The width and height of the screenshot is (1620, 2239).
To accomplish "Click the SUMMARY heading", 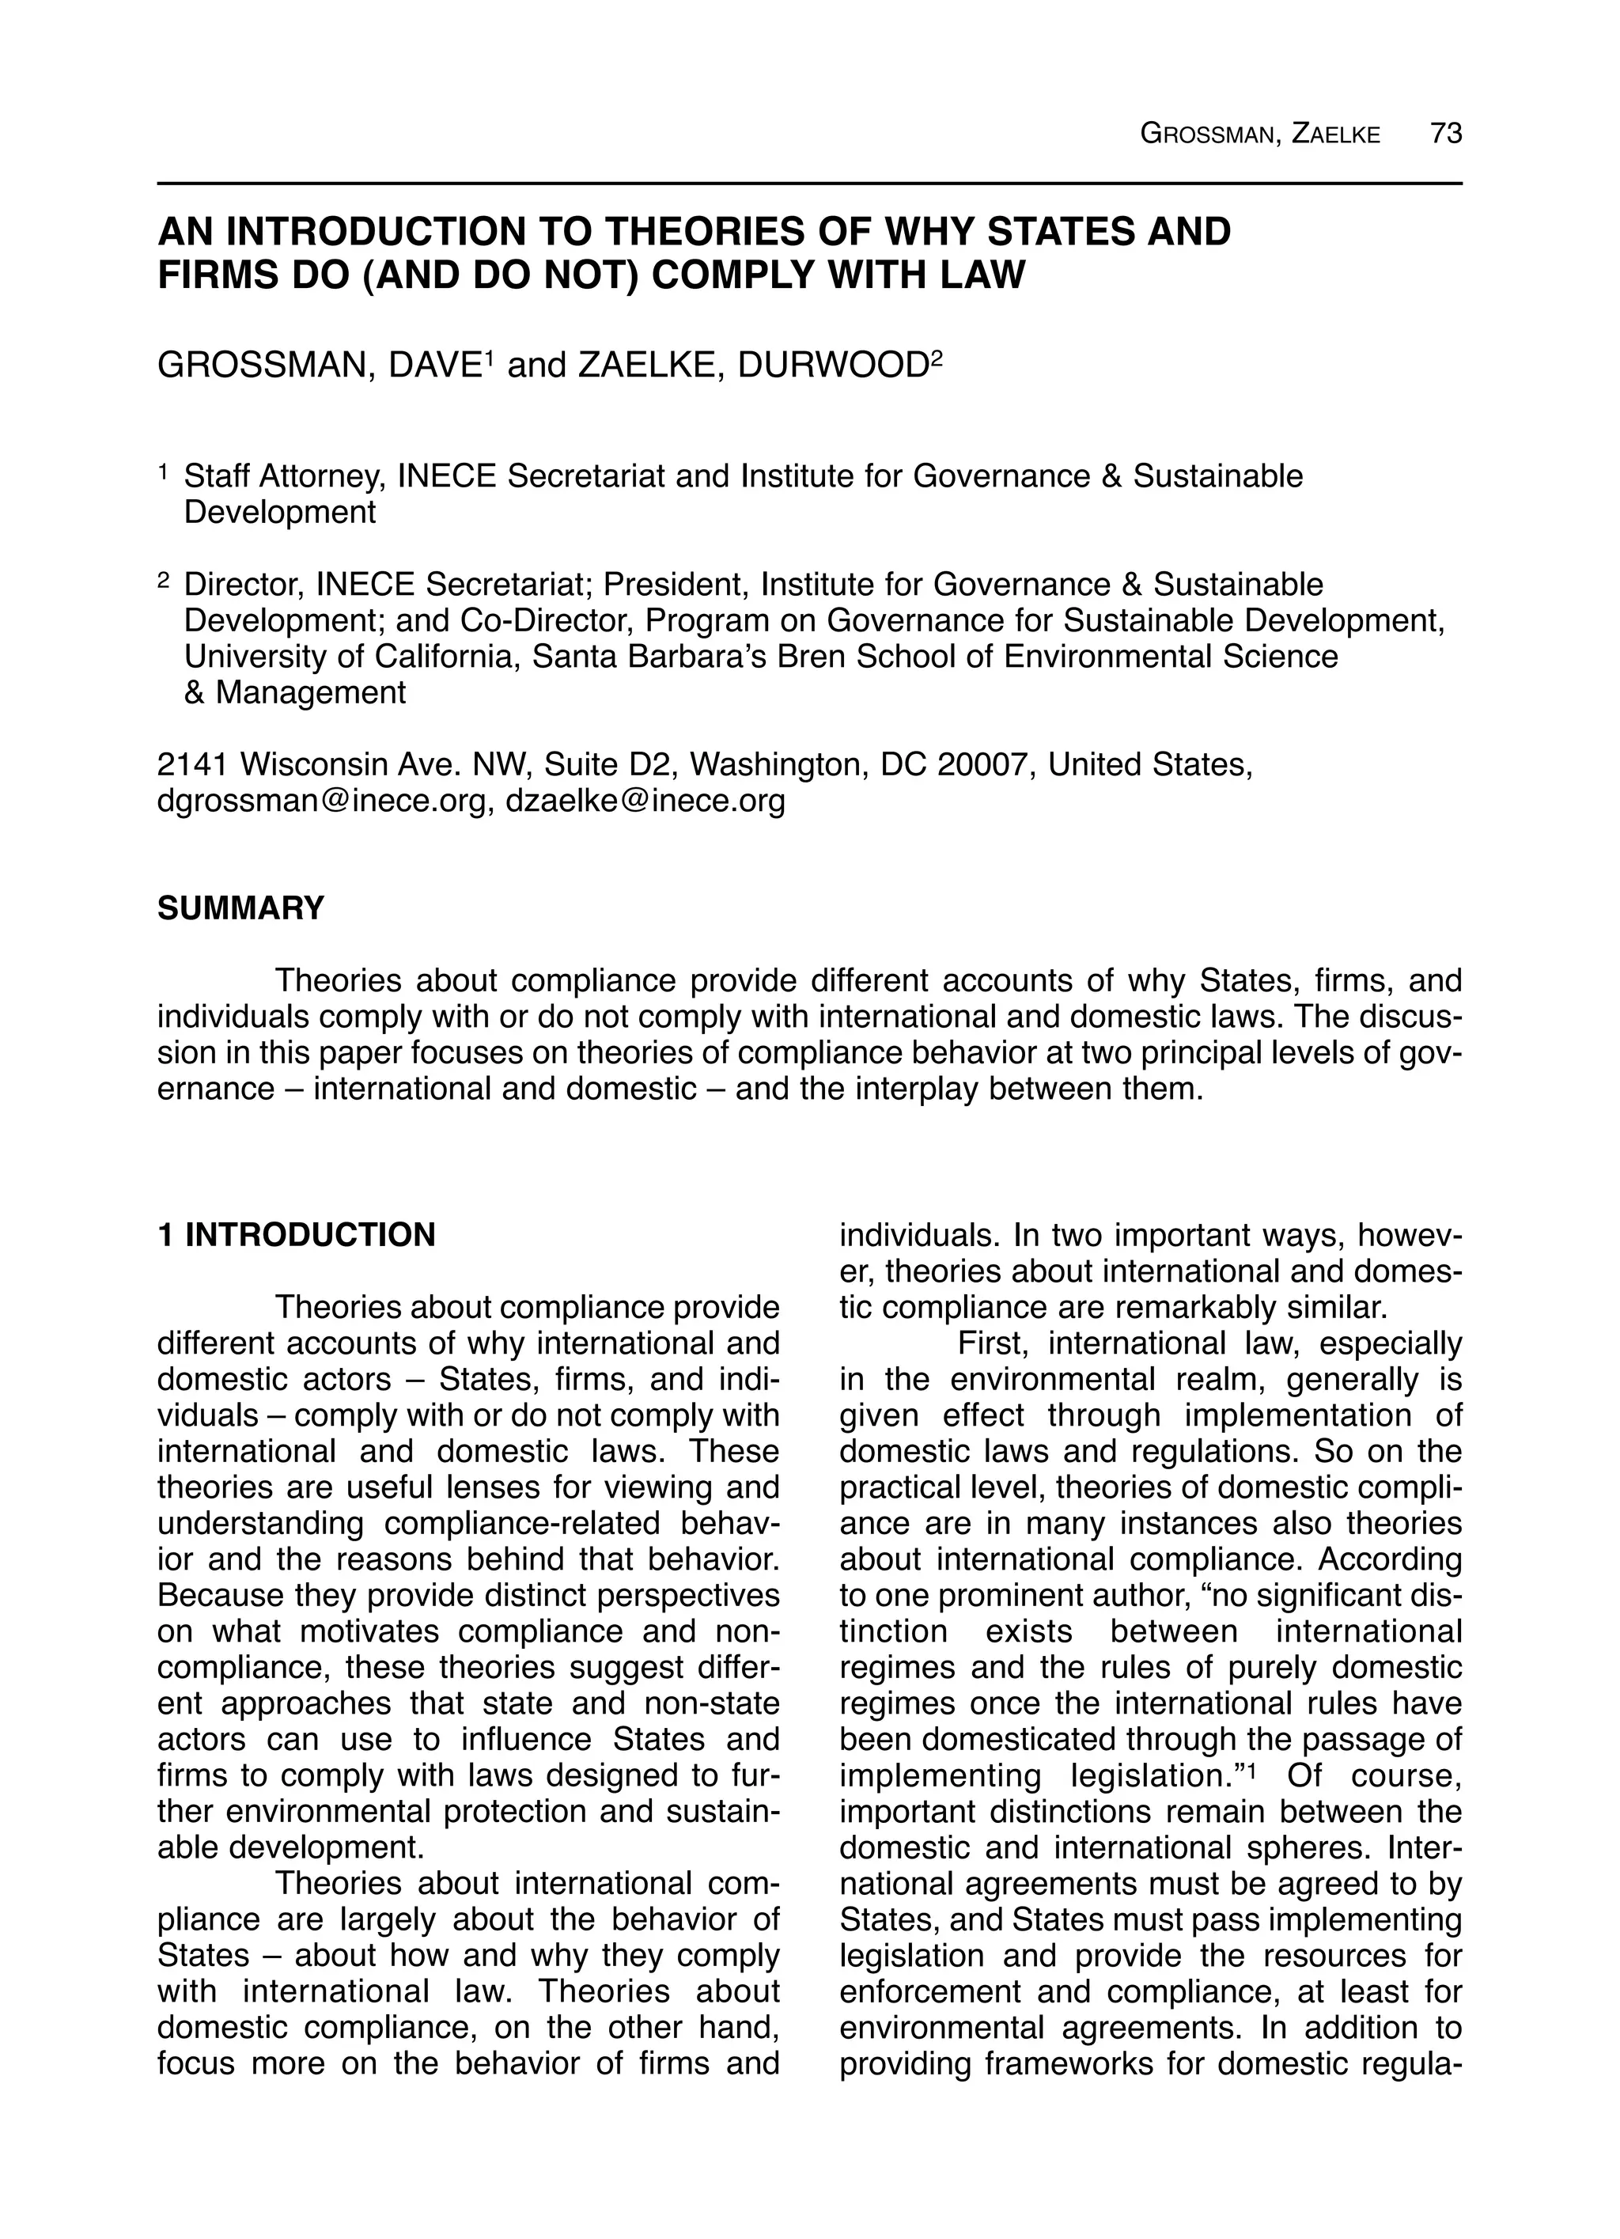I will pos(241,908).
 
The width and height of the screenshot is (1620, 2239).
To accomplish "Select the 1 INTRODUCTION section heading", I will pos(296,1235).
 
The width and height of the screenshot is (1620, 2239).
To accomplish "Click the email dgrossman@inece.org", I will pos(323,801).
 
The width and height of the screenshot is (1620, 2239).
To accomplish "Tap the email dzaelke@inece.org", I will pos(645,801).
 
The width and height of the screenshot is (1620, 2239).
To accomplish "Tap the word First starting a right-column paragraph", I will pos(992,1343).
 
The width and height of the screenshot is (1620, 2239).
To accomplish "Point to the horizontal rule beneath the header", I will pos(809,184).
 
